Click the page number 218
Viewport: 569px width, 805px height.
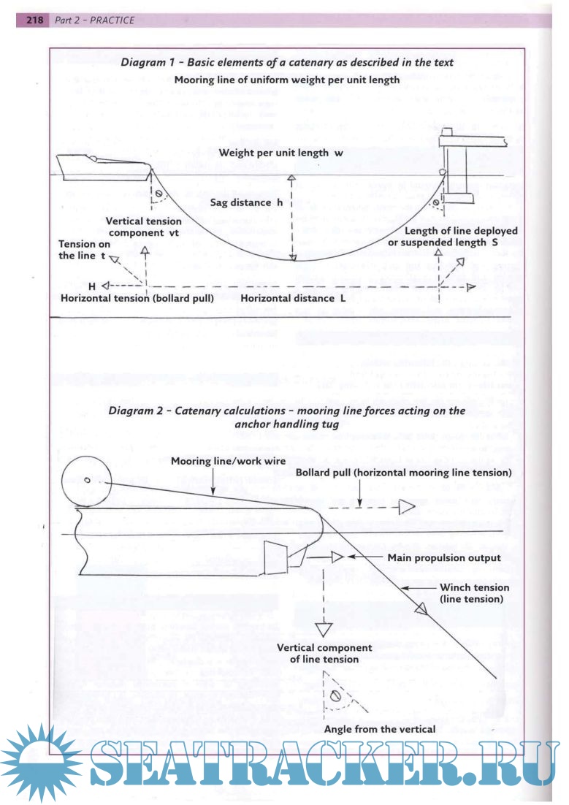(36, 20)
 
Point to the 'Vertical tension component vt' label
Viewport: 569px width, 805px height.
(144, 226)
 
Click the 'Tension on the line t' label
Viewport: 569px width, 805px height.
(85, 251)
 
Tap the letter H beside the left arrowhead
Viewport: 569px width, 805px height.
(93, 286)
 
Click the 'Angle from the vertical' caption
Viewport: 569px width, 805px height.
(380, 729)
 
